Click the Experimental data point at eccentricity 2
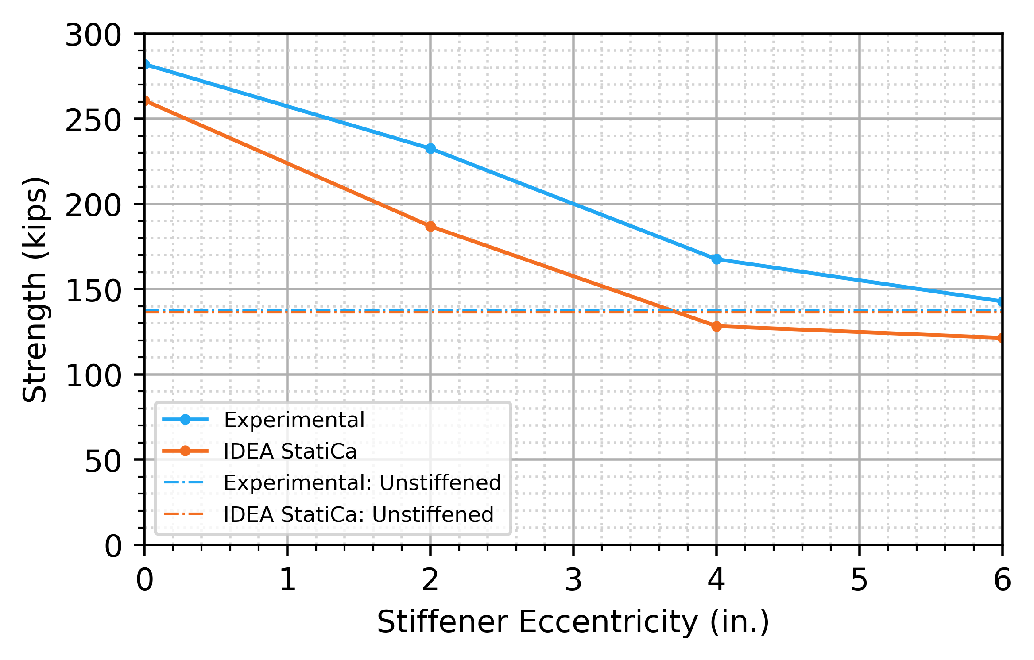430,149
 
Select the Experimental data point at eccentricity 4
716,259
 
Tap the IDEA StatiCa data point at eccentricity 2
430,227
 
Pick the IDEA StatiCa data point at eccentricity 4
716,326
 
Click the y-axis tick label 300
93,35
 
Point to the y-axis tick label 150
93,291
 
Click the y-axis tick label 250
93,120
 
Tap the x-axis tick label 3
573,580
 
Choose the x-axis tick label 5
859,580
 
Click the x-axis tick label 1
288,580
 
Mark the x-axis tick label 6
1002,580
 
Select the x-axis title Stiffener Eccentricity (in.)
573,622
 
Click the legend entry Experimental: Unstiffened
362,482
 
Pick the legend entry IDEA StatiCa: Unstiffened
358,514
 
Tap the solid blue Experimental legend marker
185,420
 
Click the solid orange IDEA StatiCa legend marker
185,451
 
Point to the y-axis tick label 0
112,547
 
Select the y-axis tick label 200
93,206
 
